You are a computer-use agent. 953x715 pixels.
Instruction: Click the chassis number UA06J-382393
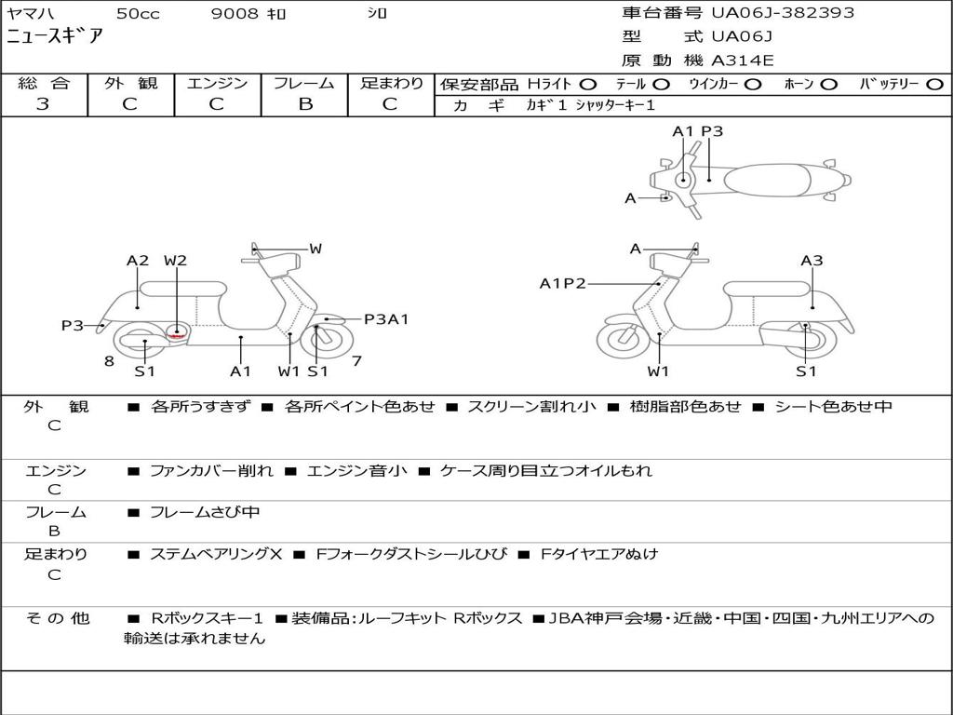[x=783, y=12]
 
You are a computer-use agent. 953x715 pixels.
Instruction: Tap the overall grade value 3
[x=43, y=104]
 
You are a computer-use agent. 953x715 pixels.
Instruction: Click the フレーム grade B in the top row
[x=305, y=104]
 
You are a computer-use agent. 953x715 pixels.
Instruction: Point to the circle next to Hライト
[x=588, y=85]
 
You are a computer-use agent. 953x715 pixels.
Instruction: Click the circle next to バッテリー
[x=935, y=85]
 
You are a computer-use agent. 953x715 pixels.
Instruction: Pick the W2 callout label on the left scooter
[x=175, y=261]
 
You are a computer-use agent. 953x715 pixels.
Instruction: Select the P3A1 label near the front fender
[x=386, y=319]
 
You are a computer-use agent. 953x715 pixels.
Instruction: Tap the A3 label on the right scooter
[x=812, y=261]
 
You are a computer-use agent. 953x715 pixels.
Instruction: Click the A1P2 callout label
[x=563, y=283]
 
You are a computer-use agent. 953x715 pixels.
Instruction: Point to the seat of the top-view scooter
[x=767, y=180]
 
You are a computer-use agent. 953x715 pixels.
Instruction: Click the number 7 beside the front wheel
[x=356, y=361]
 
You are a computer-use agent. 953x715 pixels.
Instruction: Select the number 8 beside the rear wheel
[x=109, y=361]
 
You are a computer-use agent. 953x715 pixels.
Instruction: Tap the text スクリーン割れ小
[x=531, y=406]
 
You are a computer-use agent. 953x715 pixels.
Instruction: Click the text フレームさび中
[x=205, y=512]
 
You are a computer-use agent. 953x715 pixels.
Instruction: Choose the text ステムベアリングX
[x=216, y=554]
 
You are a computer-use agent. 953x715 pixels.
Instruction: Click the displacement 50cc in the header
[x=138, y=13]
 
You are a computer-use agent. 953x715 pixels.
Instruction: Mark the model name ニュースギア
[x=55, y=36]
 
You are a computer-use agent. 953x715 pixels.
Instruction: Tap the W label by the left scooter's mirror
[x=315, y=248]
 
